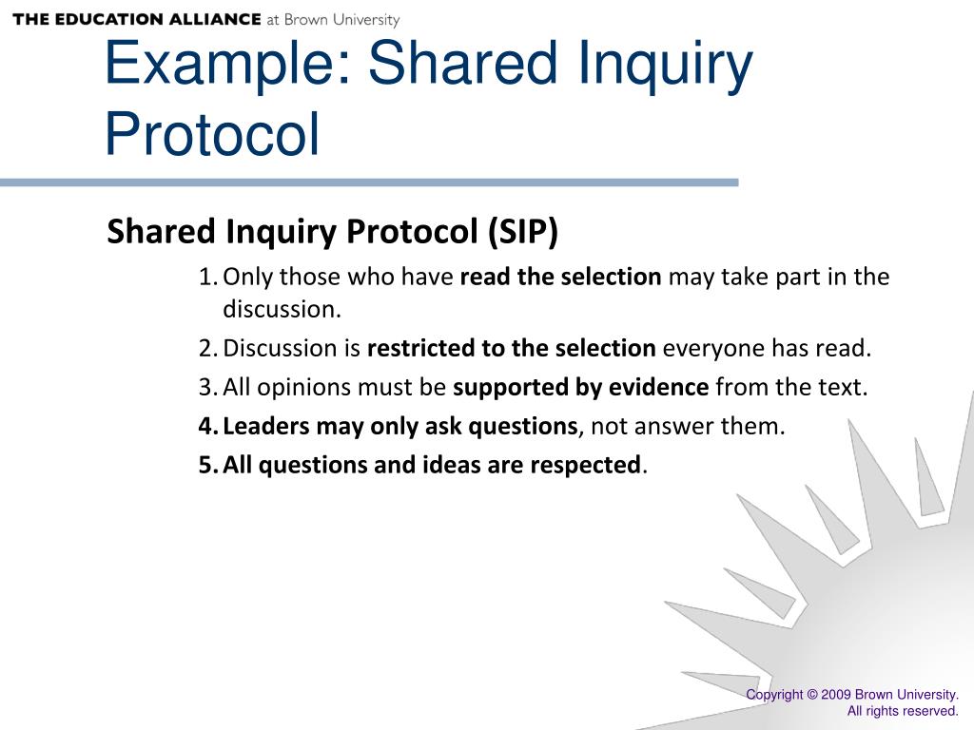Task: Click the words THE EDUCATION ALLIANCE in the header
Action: coord(137,19)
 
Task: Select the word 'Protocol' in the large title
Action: coord(212,135)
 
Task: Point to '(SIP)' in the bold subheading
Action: coord(523,231)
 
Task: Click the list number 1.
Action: coord(206,278)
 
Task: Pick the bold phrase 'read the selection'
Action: coord(560,278)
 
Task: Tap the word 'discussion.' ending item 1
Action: coord(282,309)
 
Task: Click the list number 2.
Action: coord(206,349)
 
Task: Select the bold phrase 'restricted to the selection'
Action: coord(511,349)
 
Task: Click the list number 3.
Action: coord(206,388)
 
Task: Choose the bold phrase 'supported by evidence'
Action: coord(580,388)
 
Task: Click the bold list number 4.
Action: coord(207,427)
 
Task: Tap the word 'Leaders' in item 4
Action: coord(266,427)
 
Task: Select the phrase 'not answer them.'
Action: coord(688,427)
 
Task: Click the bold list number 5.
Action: coord(207,466)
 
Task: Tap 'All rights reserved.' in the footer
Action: coord(903,711)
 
